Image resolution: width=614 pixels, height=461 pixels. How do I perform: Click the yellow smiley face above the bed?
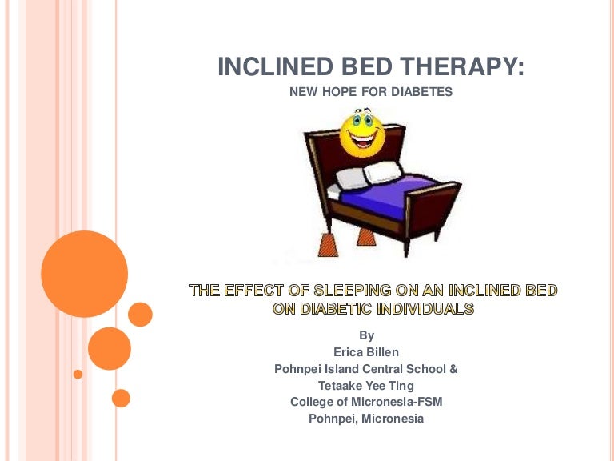[x=361, y=134]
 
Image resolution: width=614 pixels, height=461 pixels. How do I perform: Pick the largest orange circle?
[x=84, y=274]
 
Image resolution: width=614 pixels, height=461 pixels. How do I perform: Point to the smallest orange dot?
[x=78, y=374]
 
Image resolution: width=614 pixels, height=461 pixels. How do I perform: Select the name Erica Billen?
[x=366, y=352]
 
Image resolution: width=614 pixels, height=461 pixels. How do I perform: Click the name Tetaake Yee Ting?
[x=366, y=386]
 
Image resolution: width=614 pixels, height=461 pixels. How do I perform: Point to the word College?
[x=313, y=402]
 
